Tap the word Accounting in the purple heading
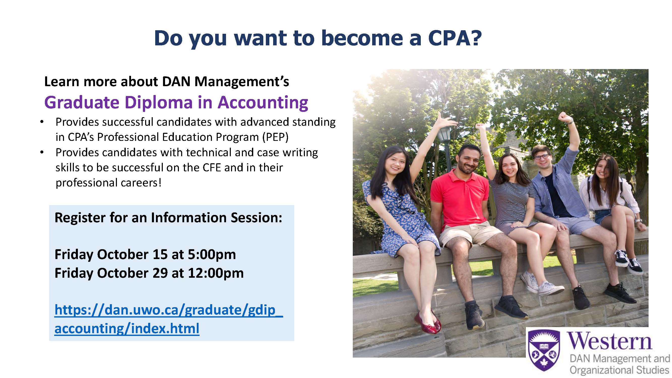(x=263, y=103)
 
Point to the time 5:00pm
(x=212, y=254)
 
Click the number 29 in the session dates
(x=160, y=273)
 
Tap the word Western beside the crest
(x=610, y=341)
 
